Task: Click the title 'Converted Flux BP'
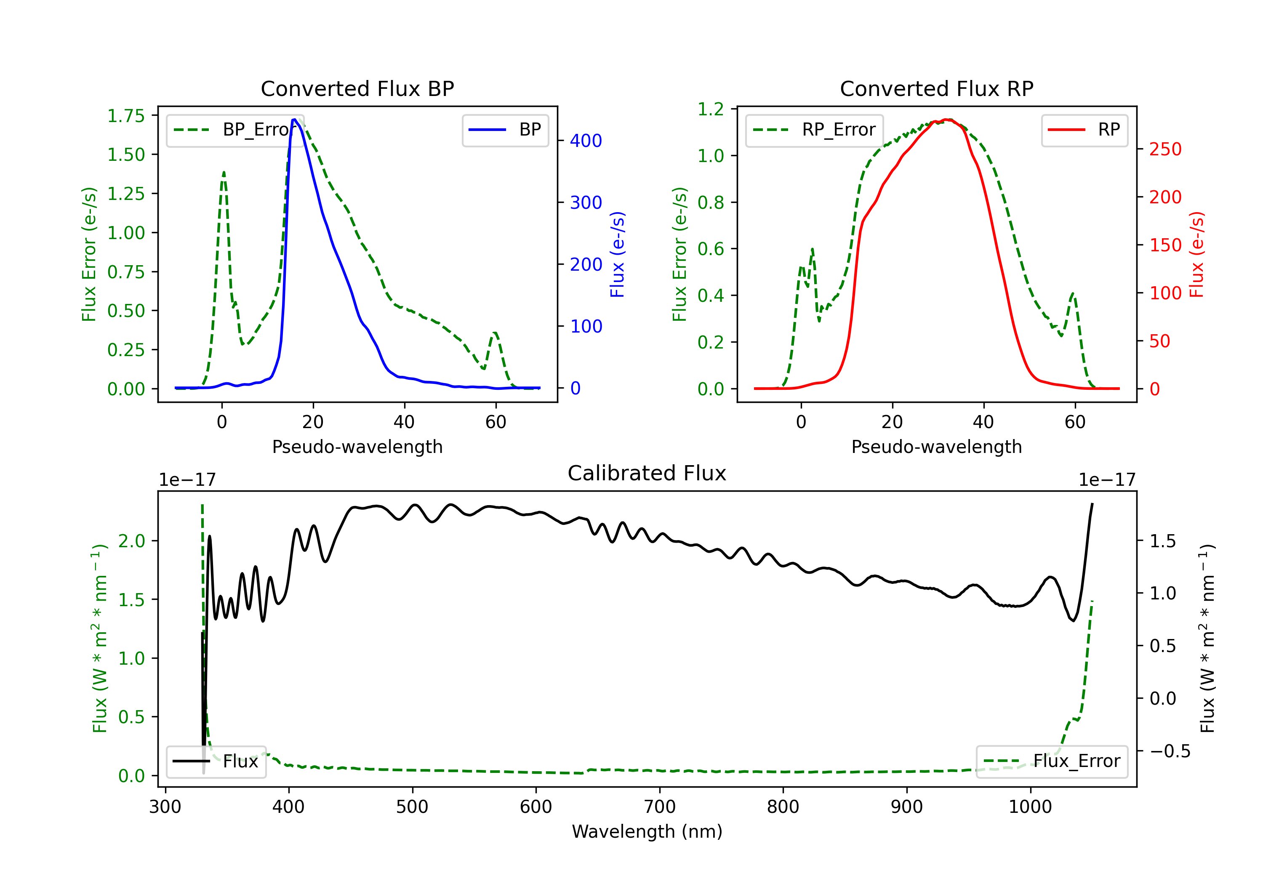point(357,88)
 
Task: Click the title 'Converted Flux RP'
point(936,88)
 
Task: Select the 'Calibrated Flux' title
point(647,473)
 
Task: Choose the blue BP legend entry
point(505,130)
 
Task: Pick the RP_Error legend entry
point(814,130)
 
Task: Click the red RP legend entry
point(1084,130)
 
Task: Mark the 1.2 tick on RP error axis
point(711,109)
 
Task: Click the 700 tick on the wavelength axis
point(660,807)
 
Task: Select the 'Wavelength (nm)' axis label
point(647,831)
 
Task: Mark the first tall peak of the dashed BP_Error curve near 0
point(223,172)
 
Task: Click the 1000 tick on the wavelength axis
point(1030,807)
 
